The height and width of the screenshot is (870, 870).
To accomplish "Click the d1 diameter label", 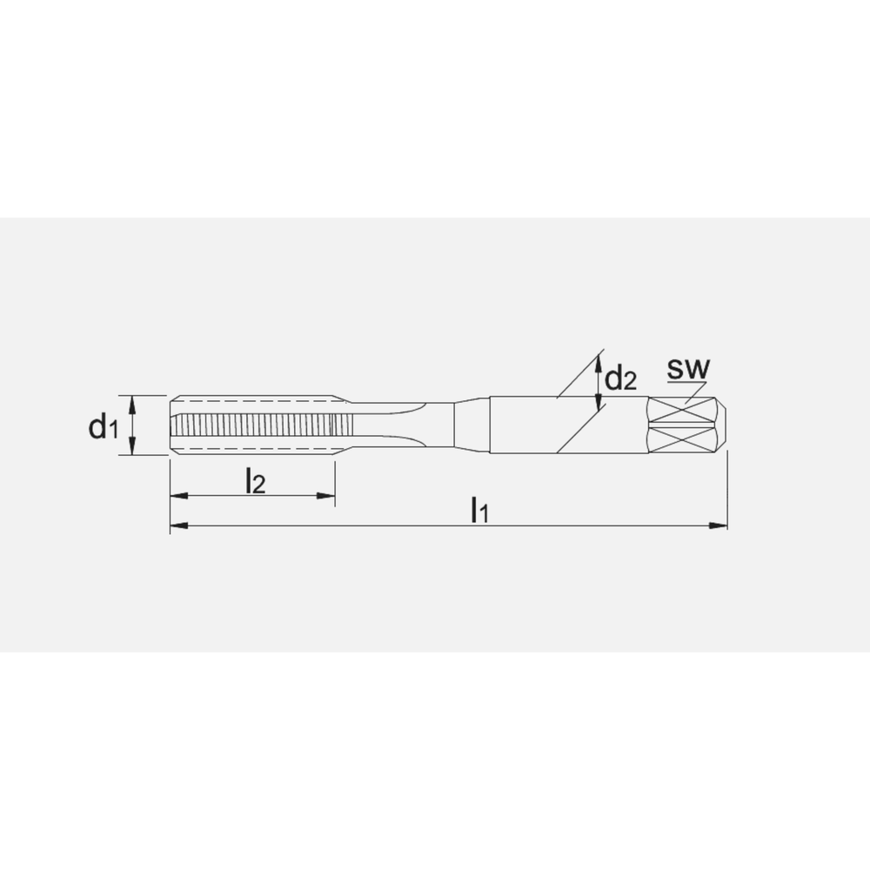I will pos(103,426).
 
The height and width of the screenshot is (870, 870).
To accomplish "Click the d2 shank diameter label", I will pos(621,379).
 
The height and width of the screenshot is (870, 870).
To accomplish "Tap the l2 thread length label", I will pos(254,479).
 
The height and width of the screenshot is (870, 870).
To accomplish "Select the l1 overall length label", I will pos(479,509).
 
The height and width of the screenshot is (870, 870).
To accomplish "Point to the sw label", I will pos(688,368).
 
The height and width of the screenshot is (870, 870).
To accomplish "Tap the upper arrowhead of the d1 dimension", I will pos(132,403).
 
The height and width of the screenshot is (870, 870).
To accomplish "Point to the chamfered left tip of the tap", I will pos(173,425).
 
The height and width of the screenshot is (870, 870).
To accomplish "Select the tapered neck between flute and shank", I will pos(470,425).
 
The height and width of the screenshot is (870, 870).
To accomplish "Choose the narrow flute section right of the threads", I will pos(391,425).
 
